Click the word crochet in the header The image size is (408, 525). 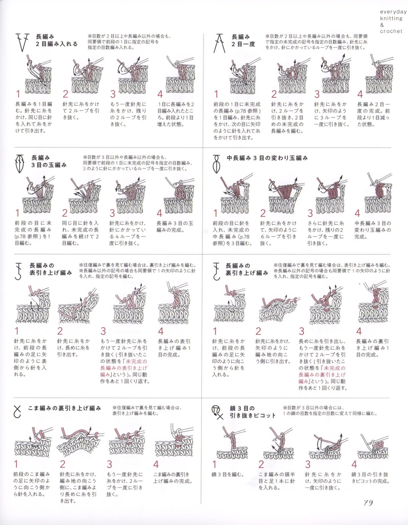click(x=391, y=31)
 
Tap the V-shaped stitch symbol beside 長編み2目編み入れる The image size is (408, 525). click(x=22, y=42)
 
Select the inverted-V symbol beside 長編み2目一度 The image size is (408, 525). click(x=219, y=43)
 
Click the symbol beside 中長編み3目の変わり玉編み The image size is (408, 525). click(x=217, y=164)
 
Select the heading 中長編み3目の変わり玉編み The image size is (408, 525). click(x=267, y=159)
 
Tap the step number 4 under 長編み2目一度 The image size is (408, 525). click(x=360, y=94)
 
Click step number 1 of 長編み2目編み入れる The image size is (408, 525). click(x=18, y=94)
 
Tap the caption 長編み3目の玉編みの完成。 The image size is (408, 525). click(x=175, y=227)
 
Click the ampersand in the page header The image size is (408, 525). click(x=382, y=25)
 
